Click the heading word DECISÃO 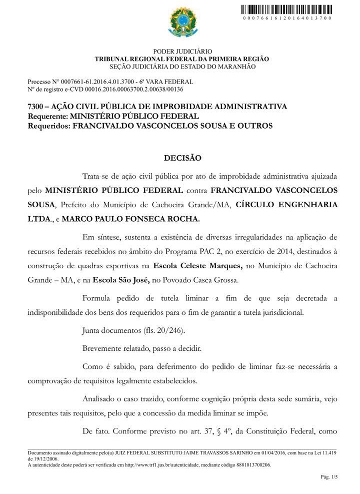182,158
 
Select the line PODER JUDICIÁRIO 182,52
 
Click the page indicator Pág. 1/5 329,477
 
